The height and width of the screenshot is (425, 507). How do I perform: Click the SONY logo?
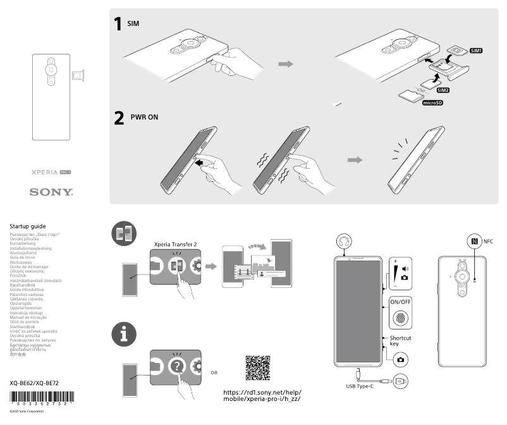coord(51,192)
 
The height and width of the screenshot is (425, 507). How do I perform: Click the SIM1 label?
coord(476,51)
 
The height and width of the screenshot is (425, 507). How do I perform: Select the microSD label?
coord(432,102)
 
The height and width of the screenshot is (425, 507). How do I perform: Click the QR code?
coord(257,368)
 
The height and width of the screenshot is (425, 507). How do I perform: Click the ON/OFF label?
coord(400,302)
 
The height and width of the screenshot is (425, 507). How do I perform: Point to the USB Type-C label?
coord(360,386)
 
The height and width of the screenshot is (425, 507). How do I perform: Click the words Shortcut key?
coord(400,342)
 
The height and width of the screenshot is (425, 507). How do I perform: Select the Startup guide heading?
coord(28,226)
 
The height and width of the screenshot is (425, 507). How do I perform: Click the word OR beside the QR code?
coord(214,373)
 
